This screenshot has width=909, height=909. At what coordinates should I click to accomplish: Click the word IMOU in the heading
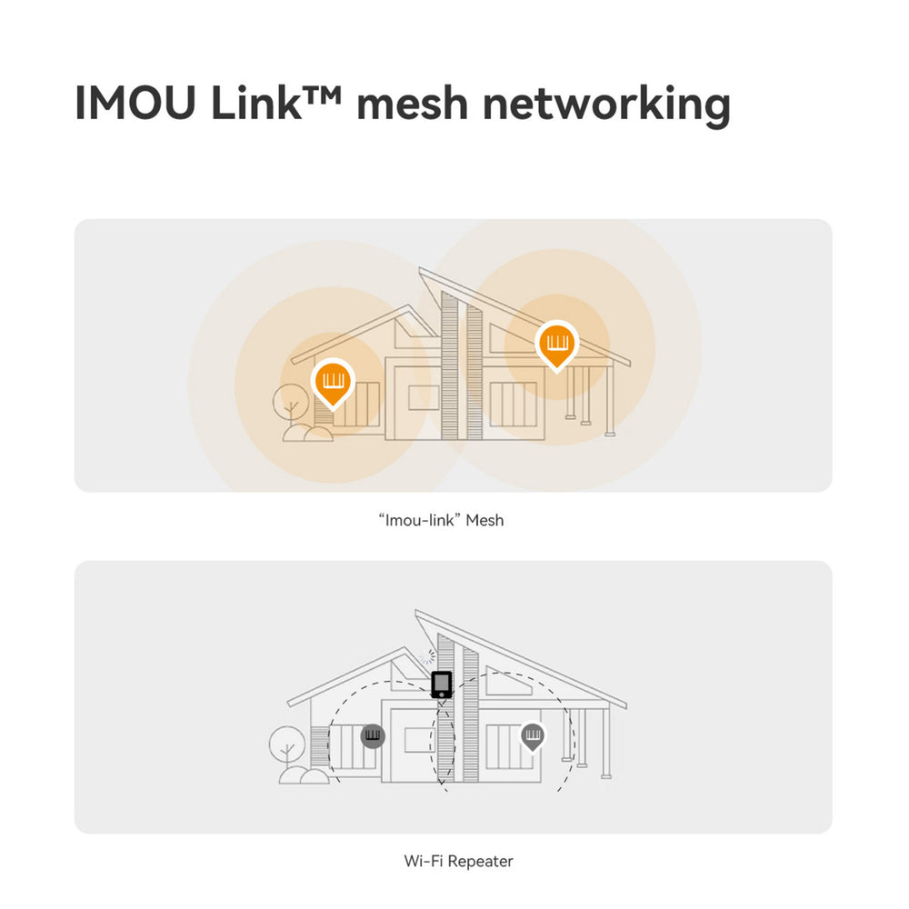click(x=135, y=103)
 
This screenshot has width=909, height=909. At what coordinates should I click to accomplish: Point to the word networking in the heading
click(x=606, y=105)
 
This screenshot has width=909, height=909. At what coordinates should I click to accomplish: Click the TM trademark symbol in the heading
click(x=322, y=93)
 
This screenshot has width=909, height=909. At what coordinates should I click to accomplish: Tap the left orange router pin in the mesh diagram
click(x=333, y=384)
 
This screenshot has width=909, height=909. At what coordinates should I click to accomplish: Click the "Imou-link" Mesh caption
click(x=441, y=520)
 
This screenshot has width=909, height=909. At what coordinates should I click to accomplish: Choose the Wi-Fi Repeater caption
click(x=458, y=861)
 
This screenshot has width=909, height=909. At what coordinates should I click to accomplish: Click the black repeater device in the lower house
click(x=442, y=684)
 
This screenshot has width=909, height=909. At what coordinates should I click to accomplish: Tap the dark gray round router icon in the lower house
click(x=373, y=736)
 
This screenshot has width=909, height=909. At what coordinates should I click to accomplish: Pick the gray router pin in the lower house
click(x=532, y=736)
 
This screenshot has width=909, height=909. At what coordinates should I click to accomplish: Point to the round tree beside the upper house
click(x=291, y=403)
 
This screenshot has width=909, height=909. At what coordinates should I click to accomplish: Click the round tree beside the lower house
click(x=287, y=745)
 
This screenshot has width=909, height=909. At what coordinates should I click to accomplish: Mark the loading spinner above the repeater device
click(x=428, y=657)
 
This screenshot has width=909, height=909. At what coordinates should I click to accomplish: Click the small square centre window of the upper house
click(x=424, y=398)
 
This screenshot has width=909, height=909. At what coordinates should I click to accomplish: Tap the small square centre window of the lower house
click(x=420, y=740)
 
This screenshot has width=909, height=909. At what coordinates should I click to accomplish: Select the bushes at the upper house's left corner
click(x=308, y=433)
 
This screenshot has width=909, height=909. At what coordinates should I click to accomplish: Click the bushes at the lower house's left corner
click(x=304, y=775)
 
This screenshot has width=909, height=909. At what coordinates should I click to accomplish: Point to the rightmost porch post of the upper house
click(x=610, y=400)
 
